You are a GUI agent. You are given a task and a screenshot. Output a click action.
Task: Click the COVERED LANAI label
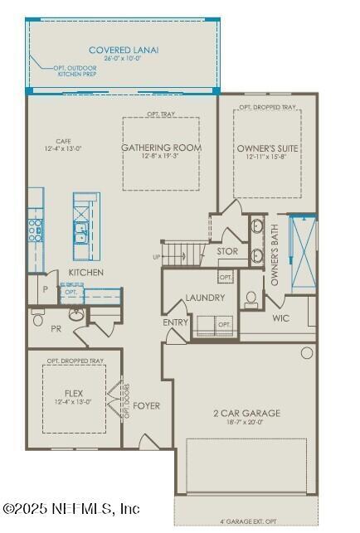click(x=124, y=51)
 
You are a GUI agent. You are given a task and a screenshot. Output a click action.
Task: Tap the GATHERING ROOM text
click(x=162, y=148)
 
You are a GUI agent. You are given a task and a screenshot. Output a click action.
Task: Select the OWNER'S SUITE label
click(x=267, y=148)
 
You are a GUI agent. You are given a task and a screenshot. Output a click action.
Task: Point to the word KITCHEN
click(x=86, y=273)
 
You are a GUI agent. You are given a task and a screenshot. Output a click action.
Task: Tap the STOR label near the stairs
click(x=227, y=251)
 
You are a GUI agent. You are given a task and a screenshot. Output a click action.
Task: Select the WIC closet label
click(x=280, y=317)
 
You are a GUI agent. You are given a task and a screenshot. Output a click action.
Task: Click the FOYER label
click(x=147, y=406)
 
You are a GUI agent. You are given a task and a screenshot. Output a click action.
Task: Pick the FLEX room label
click(x=74, y=393)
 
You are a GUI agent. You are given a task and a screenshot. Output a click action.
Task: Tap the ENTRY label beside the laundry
click(x=176, y=322)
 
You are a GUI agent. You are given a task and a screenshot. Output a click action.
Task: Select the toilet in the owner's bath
click(x=251, y=298)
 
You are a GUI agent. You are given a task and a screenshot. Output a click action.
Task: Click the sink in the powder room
click(x=75, y=314)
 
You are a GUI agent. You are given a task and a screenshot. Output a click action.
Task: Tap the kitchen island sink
click(x=82, y=234)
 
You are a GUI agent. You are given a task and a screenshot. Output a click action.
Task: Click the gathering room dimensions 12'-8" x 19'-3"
click(x=162, y=156)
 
